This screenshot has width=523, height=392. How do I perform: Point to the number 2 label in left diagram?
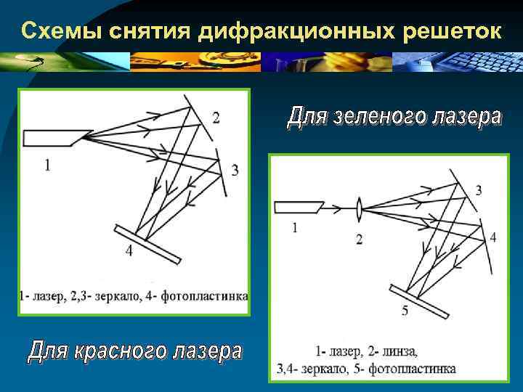(x=216, y=118)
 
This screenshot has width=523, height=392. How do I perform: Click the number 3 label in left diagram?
(x=234, y=171)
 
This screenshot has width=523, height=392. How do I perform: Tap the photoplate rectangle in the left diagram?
(x=148, y=245)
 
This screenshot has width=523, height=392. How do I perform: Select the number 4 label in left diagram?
(x=129, y=252)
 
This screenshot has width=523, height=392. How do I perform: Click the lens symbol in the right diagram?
(x=360, y=208)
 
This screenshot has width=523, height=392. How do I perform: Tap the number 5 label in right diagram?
(x=404, y=311)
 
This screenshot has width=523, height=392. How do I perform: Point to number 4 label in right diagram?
(x=493, y=238)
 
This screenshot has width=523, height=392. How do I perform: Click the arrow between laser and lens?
(x=335, y=209)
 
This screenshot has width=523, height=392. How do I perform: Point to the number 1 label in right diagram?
(x=294, y=228)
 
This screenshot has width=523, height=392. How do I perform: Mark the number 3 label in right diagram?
(x=478, y=190)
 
